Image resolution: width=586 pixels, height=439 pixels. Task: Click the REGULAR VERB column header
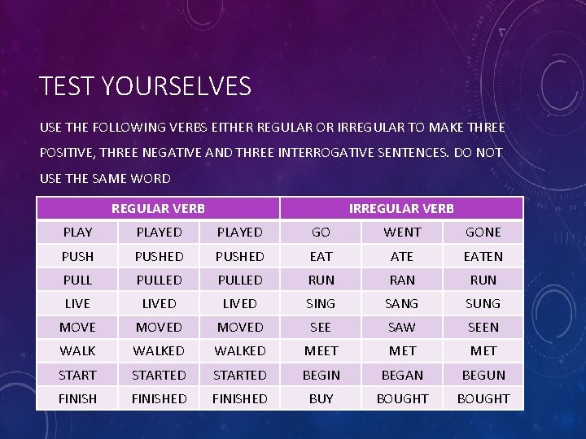(158, 209)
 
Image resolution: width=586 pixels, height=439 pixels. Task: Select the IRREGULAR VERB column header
(401, 209)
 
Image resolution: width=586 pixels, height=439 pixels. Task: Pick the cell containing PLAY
(77, 233)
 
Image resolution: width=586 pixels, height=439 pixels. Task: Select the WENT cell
(402, 233)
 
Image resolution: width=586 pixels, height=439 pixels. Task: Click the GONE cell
(483, 233)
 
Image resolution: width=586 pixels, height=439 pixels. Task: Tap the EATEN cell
(483, 256)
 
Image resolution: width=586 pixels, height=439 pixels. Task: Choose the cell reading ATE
(402, 256)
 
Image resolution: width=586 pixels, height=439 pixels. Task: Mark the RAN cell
(402, 280)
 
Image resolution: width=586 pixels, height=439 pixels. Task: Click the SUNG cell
(483, 303)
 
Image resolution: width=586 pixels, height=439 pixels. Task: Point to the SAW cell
(402, 328)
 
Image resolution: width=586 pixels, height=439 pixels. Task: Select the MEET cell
(321, 351)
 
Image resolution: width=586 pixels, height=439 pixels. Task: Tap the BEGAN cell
(402, 375)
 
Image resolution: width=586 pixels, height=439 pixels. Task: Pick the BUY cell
(321, 398)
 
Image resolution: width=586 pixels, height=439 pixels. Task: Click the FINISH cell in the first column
(77, 398)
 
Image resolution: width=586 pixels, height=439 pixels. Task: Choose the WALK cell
(77, 351)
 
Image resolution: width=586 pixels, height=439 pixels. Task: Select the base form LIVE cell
(77, 303)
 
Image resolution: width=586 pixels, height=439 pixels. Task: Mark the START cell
(77, 375)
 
